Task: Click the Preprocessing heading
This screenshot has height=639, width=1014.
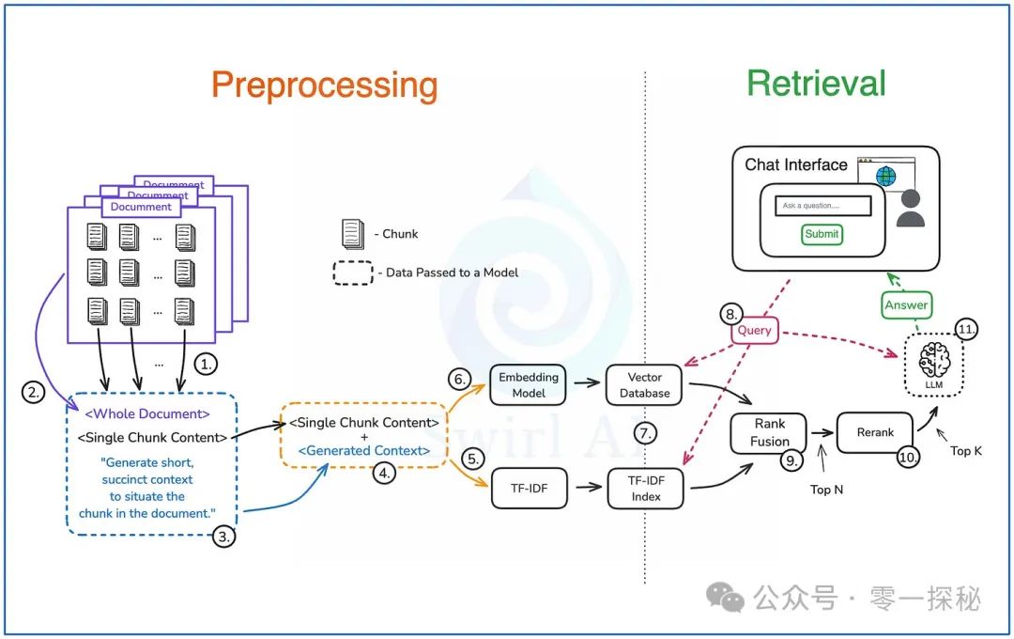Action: coord(324,85)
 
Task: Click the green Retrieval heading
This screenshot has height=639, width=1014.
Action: coord(816,84)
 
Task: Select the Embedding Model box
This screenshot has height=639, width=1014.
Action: coord(529,384)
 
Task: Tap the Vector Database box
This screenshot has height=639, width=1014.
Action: coord(645,384)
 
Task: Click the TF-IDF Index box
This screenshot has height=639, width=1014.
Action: coord(645,489)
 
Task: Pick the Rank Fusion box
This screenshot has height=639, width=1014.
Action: coord(769,432)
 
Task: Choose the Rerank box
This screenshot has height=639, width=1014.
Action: coord(874,432)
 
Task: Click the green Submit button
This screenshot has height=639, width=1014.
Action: coord(822,234)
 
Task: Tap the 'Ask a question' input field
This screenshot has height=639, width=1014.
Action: coord(823,206)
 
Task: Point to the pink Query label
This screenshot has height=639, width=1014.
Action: coord(754,330)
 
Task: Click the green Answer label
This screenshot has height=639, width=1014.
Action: coord(906,304)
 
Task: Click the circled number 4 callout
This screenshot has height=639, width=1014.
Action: coord(382,474)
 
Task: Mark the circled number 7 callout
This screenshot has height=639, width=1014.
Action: coord(644,433)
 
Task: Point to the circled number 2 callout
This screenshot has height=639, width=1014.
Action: coord(35,392)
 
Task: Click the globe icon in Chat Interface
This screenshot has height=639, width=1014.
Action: coord(885,176)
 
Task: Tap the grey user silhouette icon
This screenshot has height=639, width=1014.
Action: coord(910,211)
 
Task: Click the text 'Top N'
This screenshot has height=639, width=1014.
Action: coord(825,490)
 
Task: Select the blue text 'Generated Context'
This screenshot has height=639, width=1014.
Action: coord(364,451)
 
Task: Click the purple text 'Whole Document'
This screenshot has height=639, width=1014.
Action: coord(146,413)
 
